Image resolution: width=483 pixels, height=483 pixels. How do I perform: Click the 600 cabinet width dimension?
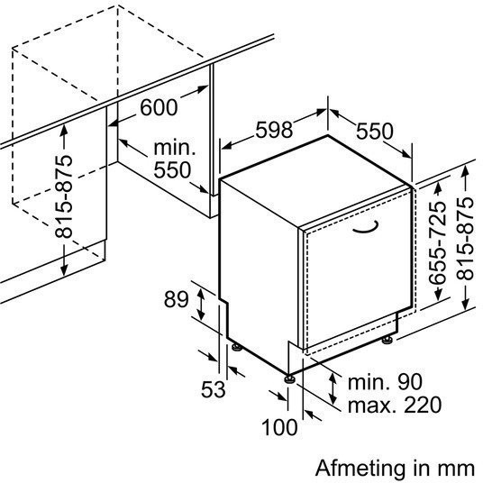coord(159,107)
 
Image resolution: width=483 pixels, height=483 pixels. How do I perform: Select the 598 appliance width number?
coord(274,130)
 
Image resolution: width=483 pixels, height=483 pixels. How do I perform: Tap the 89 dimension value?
coord(176,299)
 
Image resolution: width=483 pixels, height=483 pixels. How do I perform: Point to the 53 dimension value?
coord(214,389)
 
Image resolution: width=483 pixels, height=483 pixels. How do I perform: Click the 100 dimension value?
coord(279,427)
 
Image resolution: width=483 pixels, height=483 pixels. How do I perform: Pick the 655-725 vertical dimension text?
coord(437,242)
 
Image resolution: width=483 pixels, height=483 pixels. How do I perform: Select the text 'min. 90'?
coord(385,382)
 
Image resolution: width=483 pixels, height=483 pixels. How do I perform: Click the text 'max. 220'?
coord(395,405)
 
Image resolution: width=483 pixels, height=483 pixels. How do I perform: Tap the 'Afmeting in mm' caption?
coord(395,469)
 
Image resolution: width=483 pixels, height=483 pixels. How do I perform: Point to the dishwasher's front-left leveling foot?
coord(289,378)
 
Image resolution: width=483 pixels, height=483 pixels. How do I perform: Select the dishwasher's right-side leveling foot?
coord(387,340)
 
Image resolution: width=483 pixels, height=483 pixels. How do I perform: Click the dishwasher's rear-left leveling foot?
coord(237,347)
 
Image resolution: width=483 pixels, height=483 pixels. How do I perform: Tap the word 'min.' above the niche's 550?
coord(175,148)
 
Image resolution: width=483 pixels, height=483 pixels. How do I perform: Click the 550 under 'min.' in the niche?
coord(172,169)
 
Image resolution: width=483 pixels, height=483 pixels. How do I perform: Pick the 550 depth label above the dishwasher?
coord(375,132)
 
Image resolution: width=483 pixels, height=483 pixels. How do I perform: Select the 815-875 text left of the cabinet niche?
coord(64,196)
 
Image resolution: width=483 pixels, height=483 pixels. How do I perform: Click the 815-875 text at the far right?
coord(465,239)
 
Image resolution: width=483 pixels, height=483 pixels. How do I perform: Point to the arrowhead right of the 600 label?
coord(204,89)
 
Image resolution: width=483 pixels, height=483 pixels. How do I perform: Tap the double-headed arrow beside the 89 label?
coord(201,303)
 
